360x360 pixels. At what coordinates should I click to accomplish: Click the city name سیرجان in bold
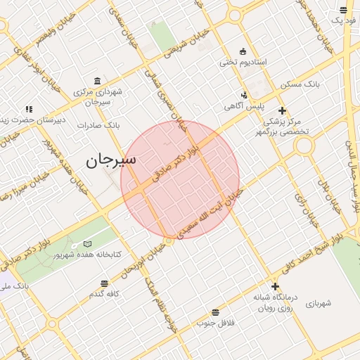[111, 160]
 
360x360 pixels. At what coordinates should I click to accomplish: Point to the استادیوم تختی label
[243, 63]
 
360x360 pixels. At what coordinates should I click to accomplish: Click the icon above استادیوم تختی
[243, 51]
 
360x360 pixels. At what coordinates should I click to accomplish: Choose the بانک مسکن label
[300, 84]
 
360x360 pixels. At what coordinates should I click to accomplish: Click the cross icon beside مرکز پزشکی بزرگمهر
[282, 110]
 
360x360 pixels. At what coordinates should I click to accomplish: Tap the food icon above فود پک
[343, 10]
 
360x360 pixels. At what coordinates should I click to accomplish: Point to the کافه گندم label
[103, 294]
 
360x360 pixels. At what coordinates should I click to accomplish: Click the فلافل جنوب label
[214, 323]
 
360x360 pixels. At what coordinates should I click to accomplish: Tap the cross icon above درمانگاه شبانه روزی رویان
[275, 286]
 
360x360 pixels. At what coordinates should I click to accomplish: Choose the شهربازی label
[318, 304]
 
